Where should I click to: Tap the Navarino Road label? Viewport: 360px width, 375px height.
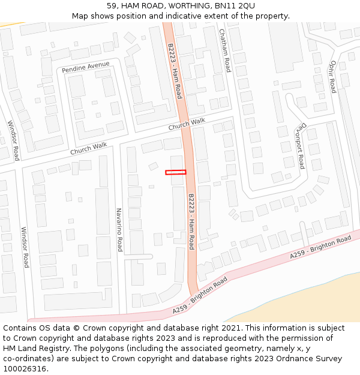coord(119,230)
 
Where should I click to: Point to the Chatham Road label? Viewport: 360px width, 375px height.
coord(224,50)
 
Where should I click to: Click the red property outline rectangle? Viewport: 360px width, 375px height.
coord(176,172)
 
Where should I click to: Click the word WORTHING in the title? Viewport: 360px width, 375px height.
coord(178,6)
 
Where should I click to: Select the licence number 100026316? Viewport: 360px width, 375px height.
coord(25,368)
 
